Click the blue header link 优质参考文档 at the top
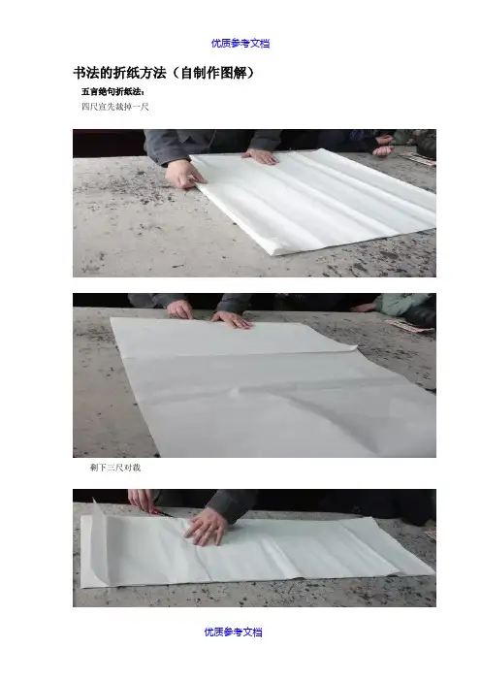(240, 43)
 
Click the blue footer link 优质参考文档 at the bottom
(233, 632)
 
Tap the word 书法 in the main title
(86, 73)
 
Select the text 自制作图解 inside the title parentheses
(212, 73)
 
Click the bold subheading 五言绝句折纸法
(112, 91)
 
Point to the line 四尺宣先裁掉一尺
(115, 107)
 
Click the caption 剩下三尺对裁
(115, 468)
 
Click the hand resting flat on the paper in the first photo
(260, 156)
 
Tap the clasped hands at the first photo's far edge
(382, 146)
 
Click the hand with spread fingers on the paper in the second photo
(232, 320)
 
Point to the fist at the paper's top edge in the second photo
(179, 309)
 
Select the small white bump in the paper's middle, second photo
(237, 392)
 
